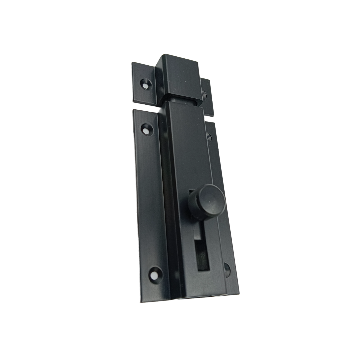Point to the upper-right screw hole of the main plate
tap(209, 137)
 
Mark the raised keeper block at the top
tap(179, 77)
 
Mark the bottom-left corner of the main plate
tap(141, 302)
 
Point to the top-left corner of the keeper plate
tap(132, 63)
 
